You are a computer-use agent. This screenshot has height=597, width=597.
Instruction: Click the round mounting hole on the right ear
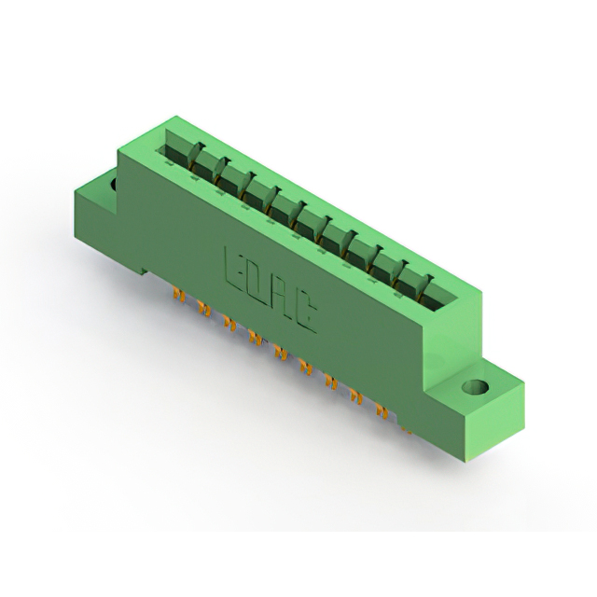(475, 388)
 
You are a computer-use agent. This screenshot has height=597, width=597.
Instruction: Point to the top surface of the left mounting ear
(96, 184)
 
